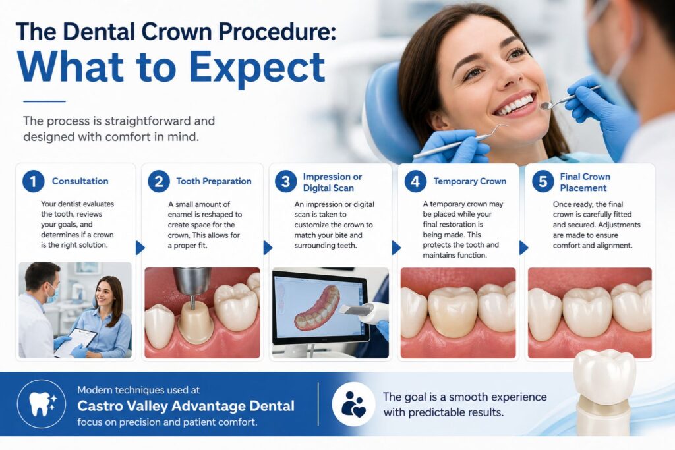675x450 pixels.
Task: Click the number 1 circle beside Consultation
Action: click(x=33, y=181)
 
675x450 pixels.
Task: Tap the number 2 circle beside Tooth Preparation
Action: click(x=159, y=181)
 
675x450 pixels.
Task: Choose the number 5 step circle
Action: click(x=543, y=181)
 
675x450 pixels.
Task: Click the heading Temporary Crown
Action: click(x=469, y=181)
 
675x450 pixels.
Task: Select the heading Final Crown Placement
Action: click(x=585, y=182)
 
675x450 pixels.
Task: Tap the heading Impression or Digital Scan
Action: click(x=333, y=182)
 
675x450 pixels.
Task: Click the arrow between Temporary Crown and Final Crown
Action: click(x=524, y=248)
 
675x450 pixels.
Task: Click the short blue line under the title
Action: click(x=44, y=101)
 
